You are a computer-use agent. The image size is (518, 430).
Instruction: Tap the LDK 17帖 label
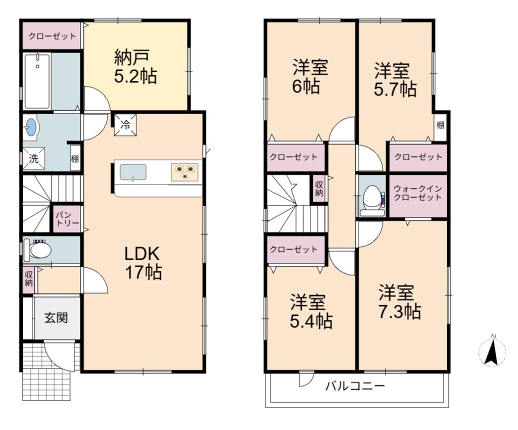(x=144, y=263)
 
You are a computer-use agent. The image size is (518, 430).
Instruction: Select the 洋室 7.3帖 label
(x=399, y=302)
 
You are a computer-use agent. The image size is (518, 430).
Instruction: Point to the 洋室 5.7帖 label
(x=395, y=80)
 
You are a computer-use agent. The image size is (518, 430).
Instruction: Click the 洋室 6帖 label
(x=310, y=77)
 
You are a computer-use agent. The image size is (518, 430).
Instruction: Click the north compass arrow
(x=492, y=352)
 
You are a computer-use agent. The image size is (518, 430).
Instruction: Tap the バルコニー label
(x=355, y=386)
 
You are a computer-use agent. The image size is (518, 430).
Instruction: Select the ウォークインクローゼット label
(x=418, y=193)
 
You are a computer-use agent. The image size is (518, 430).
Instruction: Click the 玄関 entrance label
(x=56, y=318)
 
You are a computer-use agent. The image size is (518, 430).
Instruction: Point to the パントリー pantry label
(x=67, y=219)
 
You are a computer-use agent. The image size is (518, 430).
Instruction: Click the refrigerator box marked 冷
(x=125, y=125)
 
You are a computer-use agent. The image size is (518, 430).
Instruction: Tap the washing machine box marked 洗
(x=33, y=159)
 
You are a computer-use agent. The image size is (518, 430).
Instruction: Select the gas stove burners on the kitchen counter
(x=185, y=172)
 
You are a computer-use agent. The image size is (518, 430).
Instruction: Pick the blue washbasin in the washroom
(x=31, y=127)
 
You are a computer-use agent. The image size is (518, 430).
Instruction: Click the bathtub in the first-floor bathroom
(x=37, y=81)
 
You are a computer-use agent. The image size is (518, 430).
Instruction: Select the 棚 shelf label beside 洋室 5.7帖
(x=440, y=125)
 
